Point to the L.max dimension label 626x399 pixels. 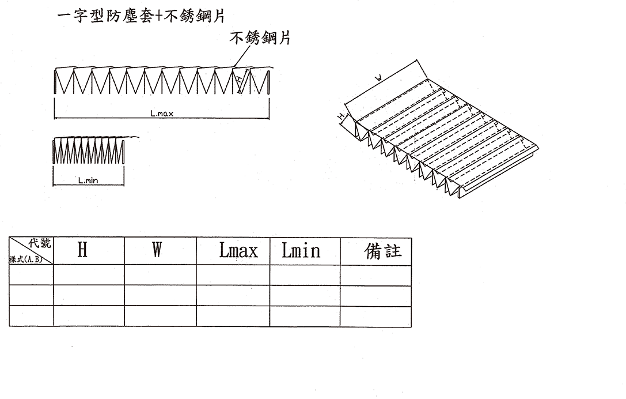click(x=162, y=114)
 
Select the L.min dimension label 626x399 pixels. click(x=88, y=180)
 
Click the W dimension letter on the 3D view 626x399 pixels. click(x=378, y=77)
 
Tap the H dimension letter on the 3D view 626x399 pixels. click(x=340, y=116)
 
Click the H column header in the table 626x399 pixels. click(x=82, y=250)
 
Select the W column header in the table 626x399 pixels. click(x=157, y=250)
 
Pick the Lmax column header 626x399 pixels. click(x=238, y=251)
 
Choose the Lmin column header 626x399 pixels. click(x=301, y=251)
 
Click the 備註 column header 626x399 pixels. click(x=383, y=251)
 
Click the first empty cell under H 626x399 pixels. click(x=89, y=275)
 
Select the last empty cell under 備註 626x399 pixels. click(x=375, y=317)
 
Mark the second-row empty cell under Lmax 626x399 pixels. click(x=233, y=296)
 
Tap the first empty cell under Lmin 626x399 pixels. click(x=305, y=275)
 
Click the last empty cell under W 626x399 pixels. click(x=160, y=317)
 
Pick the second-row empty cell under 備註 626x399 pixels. click(x=375, y=296)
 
